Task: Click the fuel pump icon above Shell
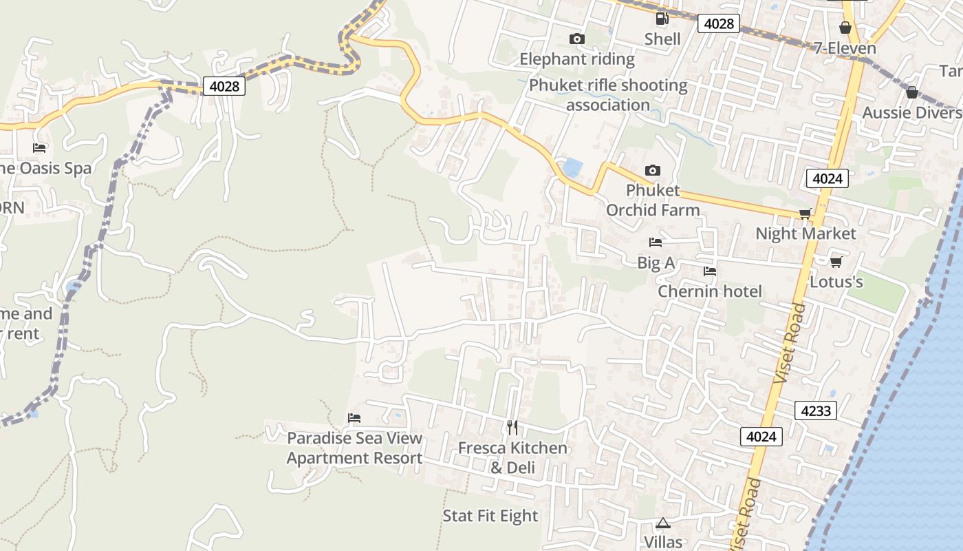coord(662,19)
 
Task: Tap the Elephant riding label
coord(576,59)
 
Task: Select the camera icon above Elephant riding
coord(577,39)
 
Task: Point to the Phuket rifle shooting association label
coord(608,95)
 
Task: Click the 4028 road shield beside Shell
coord(719,24)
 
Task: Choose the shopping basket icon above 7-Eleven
coord(845,28)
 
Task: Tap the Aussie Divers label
coord(912,113)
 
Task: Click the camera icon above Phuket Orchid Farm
coord(652,170)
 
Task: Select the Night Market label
coord(805,233)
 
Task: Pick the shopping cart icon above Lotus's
coord(836,262)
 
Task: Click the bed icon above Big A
coord(655,242)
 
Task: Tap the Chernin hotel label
coord(710,291)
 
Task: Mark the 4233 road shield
coord(816,411)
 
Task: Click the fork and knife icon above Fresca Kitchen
coord(512,428)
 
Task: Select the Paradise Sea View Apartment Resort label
coord(354,448)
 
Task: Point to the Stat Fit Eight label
coord(490,516)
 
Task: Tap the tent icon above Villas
coord(662,523)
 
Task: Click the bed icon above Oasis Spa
coord(39,148)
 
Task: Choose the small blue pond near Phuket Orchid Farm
coord(572,167)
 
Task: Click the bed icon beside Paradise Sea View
coord(354,418)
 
